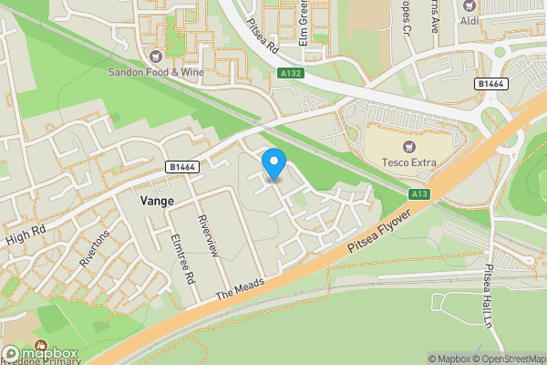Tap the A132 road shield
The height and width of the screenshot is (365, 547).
[292, 73]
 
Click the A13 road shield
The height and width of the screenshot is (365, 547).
[419, 193]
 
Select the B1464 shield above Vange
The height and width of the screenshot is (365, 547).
[182, 167]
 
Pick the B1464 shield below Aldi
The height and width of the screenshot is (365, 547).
[491, 83]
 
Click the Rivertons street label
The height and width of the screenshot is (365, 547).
[94, 247]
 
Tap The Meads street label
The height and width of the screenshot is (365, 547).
[240, 289]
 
